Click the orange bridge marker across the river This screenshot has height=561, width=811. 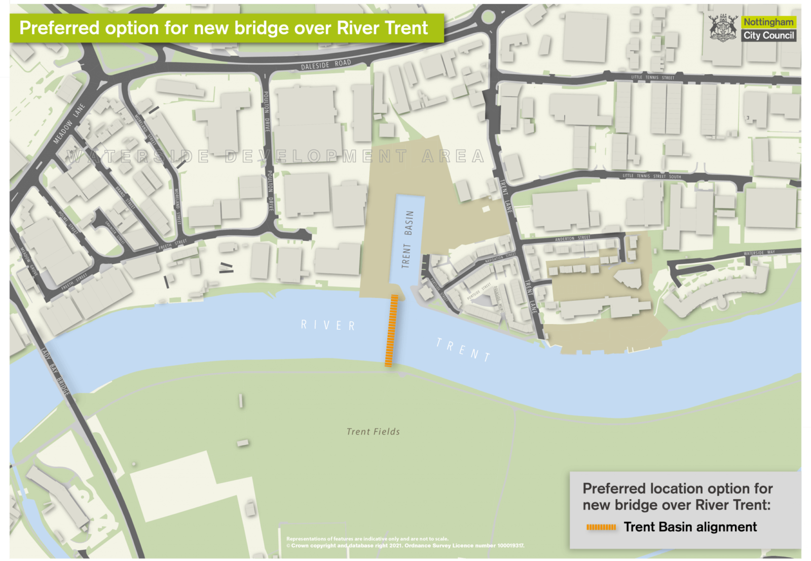(x=391, y=330)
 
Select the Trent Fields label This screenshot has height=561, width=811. (x=373, y=432)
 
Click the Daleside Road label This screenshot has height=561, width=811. (x=325, y=65)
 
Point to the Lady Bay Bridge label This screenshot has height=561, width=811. (x=55, y=372)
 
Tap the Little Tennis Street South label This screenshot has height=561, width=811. (x=652, y=176)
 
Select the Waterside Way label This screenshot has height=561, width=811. (x=759, y=253)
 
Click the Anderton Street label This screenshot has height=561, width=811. (x=572, y=238)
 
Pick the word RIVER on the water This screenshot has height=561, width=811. (x=328, y=325)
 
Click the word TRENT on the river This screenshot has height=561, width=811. (x=463, y=350)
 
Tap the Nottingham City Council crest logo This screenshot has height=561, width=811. (x=723, y=27)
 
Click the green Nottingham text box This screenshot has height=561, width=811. (x=768, y=22)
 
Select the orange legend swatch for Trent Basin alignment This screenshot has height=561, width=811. (x=601, y=527)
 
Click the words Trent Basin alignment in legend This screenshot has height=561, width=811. (x=690, y=527)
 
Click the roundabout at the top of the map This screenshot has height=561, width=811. (x=488, y=17)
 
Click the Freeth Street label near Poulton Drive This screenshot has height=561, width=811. (x=172, y=244)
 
